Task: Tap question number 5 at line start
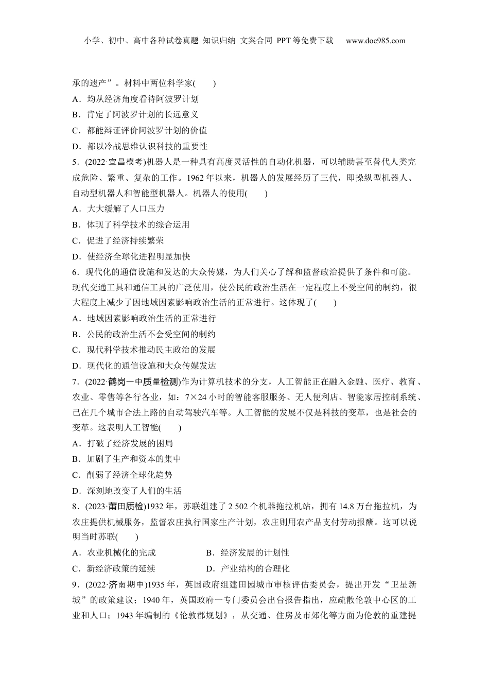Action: click(75, 162)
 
